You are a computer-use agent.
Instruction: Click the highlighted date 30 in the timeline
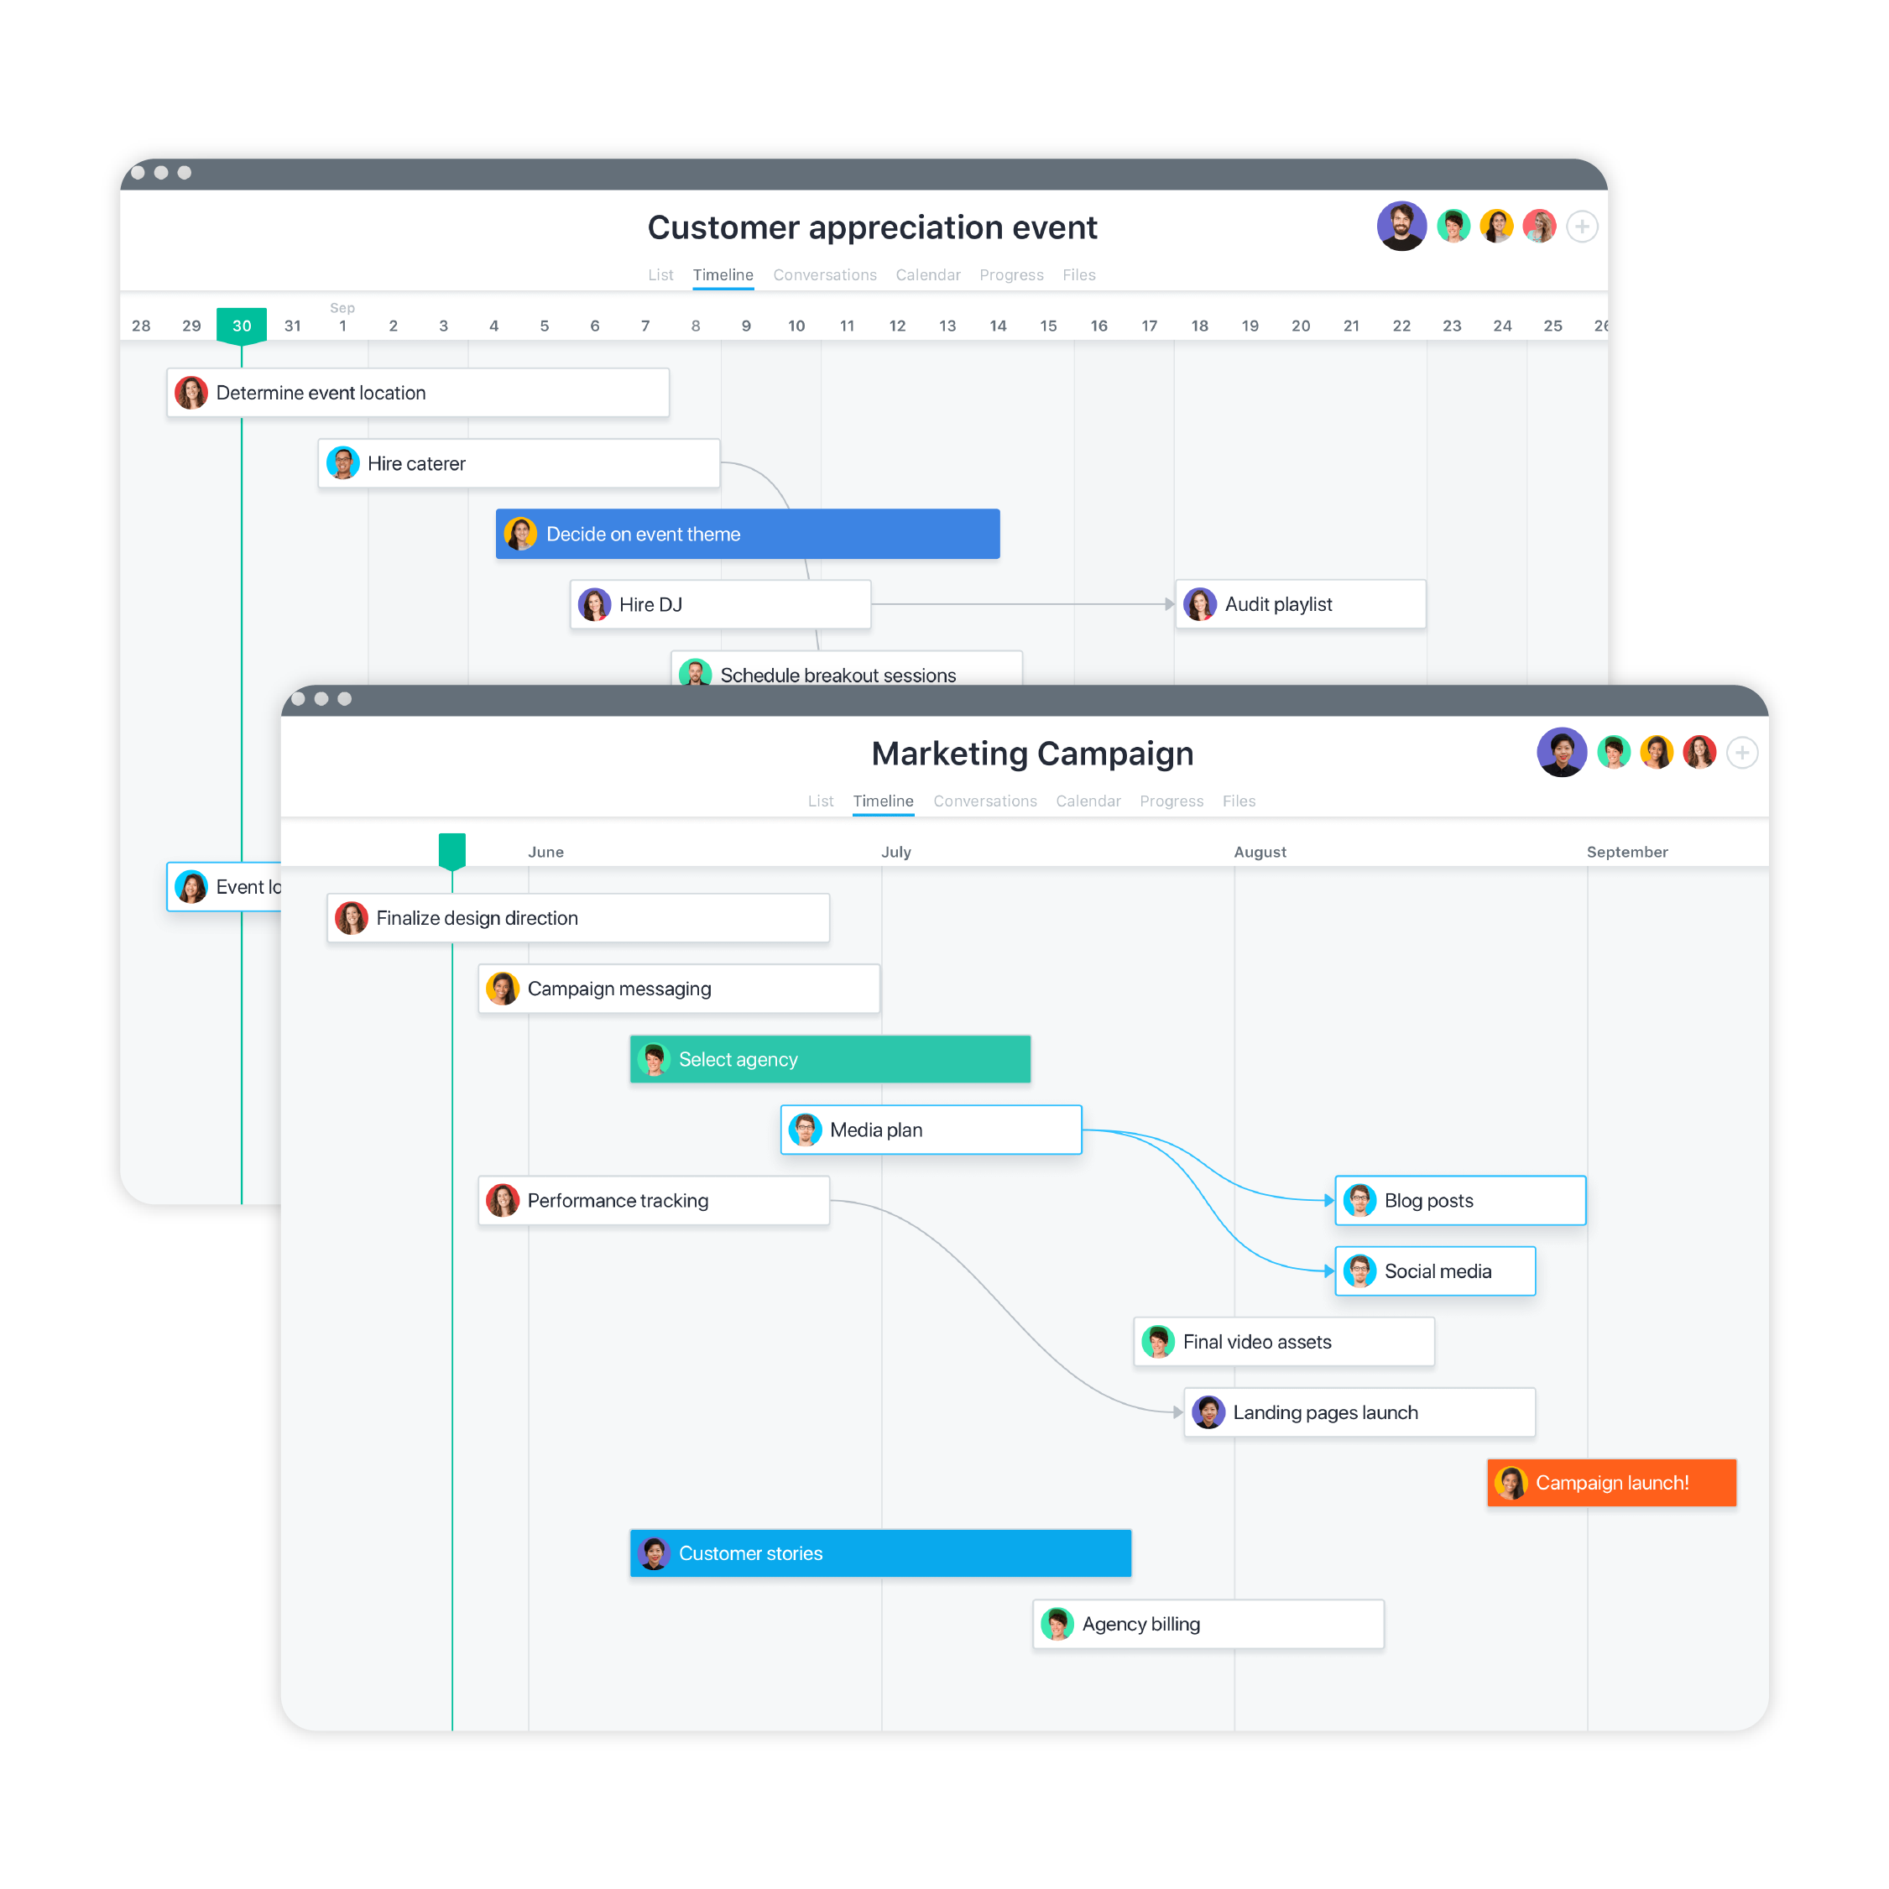click(242, 326)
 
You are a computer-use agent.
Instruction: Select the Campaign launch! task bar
click(1610, 1482)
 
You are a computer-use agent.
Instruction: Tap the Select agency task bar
click(829, 1059)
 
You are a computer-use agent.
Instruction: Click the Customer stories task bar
click(880, 1552)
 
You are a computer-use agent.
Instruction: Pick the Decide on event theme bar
click(747, 534)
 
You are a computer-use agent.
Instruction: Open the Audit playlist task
click(1301, 604)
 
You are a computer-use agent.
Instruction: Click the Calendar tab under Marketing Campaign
click(1088, 801)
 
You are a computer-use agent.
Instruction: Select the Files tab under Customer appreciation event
click(1078, 274)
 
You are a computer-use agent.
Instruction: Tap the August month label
click(1260, 852)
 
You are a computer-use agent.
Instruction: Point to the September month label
click(1627, 852)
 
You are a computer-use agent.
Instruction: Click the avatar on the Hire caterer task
click(342, 463)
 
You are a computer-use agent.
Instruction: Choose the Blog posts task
click(1460, 1200)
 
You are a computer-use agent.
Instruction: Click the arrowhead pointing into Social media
click(1328, 1271)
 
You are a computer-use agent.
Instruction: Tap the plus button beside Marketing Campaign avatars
click(1741, 753)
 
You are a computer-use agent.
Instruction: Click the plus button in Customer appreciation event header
click(1581, 227)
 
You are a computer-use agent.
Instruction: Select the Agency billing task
click(1208, 1624)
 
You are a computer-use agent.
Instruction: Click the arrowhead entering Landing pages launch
click(1177, 1412)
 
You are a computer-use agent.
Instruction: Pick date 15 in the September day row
click(1048, 326)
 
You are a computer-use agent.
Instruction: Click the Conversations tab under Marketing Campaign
click(984, 801)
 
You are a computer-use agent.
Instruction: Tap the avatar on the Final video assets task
click(1157, 1342)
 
